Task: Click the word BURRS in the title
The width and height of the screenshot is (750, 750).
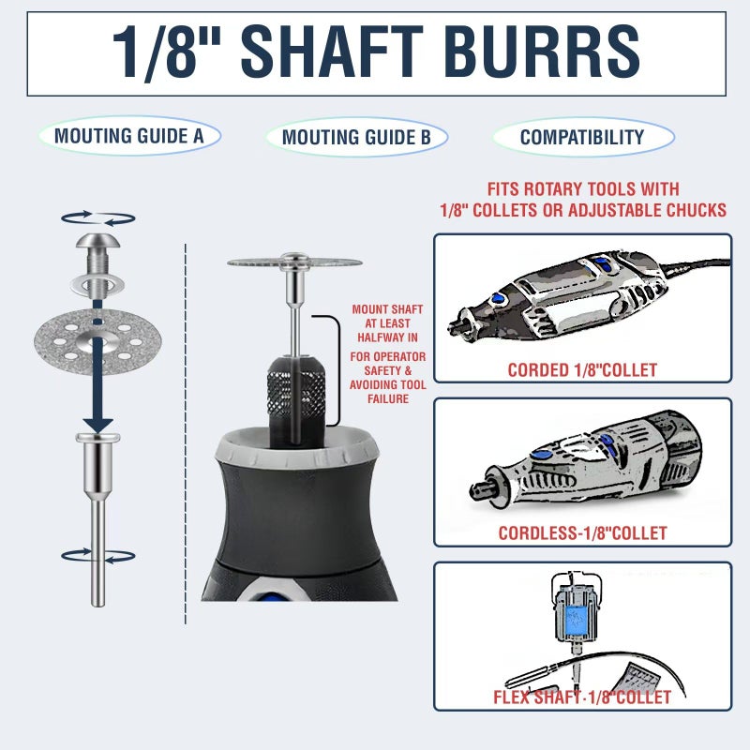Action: (x=543, y=52)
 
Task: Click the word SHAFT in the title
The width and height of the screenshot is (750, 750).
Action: (x=332, y=52)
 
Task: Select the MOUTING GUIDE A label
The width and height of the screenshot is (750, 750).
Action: (x=129, y=136)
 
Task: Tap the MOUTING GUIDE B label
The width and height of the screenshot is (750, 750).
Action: (x=356, y=137)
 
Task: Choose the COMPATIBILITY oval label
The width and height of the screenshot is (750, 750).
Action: (x=583, y=137)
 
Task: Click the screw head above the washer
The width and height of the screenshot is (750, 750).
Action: (x=97, y=241)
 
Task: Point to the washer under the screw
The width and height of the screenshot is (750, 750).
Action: (x=97, y=286)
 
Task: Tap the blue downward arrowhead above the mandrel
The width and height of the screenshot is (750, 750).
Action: (x=98, y=426)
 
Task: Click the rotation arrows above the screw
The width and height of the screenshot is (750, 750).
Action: (x=98, y=218)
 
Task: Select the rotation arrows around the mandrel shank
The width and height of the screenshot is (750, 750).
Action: (x=98, y=556)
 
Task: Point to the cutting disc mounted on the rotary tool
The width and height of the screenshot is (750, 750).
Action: (x=294, y=262)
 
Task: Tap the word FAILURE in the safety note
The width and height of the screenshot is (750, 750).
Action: (x=388, y=399)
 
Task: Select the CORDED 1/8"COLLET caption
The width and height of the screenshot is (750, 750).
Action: (x=582, y=370)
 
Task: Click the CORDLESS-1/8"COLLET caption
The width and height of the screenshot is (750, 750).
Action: (x=582, y=533)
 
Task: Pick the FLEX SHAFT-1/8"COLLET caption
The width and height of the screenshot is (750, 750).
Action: (x=582, y=697)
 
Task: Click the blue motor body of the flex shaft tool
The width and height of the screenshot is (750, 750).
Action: (x=577, y=620)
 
